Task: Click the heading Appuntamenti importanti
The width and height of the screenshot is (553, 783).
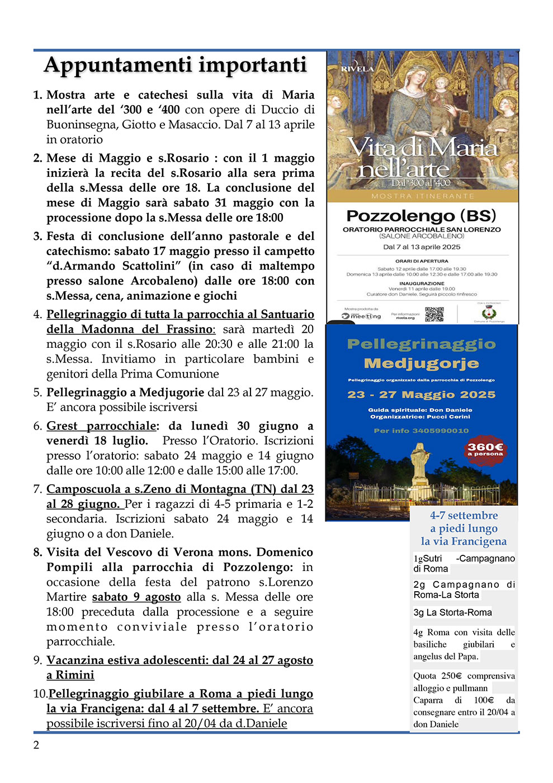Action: coord(176,65)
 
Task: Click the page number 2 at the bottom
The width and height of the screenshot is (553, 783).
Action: coord(36,745)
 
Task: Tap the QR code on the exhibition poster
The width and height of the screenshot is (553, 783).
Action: coord(434,314)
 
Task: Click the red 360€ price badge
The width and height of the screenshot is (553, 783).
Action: coord(485,449)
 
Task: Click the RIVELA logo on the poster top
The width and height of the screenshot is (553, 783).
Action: coord(357,68)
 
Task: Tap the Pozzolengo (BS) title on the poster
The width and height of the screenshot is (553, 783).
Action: coord(421,216)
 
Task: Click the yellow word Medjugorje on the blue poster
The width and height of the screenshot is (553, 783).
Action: coord(421,364)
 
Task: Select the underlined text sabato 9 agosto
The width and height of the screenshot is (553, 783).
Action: coord(136,597)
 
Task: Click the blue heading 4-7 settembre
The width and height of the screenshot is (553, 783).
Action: coord(464,515)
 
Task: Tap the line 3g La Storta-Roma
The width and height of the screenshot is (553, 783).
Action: coord(452,612)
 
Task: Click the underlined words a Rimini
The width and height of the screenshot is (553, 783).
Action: coord(70,675)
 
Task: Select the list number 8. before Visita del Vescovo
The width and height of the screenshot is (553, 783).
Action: coord(37,552)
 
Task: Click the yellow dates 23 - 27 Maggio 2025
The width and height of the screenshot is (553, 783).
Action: coord(421,395)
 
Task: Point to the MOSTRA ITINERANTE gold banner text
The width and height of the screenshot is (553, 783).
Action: coord(422,196)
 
